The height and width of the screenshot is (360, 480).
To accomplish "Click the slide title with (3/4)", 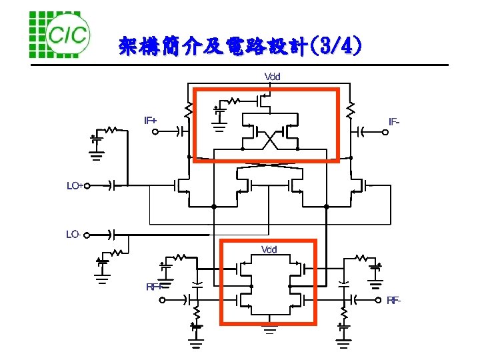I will pyautogui.click(x=241, y=46).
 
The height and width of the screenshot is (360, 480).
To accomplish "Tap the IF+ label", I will pyautogui.click(x=151, y=121).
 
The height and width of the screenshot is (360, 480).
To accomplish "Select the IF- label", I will pyautogui.click(x=395, y=121).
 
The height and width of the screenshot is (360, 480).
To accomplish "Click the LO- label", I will pyautogui.click(x=73, y=235).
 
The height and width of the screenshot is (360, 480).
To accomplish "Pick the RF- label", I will pyautogui.click(x=394, y=301).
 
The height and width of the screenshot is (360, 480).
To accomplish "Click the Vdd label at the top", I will pyautogui.click(x=273, y=76).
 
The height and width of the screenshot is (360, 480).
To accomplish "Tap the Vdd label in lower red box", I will pyautogui.click(x=269, y=249).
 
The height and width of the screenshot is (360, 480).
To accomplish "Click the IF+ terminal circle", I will pyautogui.click(x=155, y=132).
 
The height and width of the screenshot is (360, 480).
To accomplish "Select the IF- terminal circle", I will pyautogui.click(x=385, y=132).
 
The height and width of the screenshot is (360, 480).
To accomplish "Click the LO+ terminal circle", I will pyautogui.click(x=87, y=186).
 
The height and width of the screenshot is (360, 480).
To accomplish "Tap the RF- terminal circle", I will pyautogui.click(x=377, y=299).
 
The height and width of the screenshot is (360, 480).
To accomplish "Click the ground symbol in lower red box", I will pyautogui.click(x=269, y=327).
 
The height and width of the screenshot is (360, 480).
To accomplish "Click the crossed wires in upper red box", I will pyautogui.click(x=269, y=141).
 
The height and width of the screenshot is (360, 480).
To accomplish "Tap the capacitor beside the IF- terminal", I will pyautogui.click(x=364, y=132).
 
